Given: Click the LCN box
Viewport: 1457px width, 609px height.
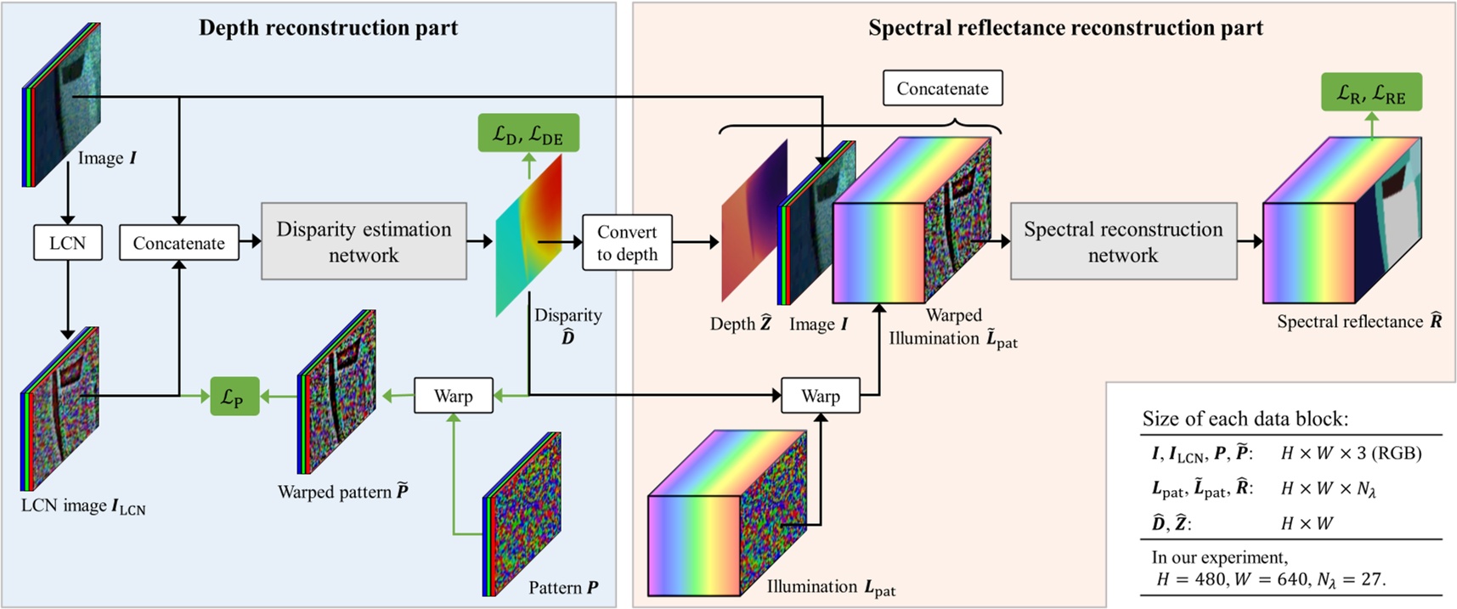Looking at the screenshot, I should tap(68, 243).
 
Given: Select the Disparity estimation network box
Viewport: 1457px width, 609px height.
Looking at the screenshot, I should tap(364, 241).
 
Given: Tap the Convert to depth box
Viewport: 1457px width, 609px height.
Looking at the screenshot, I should tap(627, 243).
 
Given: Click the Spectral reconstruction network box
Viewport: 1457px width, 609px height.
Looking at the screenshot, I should tap(1123, 241).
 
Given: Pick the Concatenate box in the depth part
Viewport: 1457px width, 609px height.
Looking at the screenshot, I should tap(178, 243).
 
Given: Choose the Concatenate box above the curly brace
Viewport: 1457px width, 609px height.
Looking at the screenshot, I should tap(942, 88).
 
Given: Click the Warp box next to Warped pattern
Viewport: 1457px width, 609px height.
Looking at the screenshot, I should tap(453, 396).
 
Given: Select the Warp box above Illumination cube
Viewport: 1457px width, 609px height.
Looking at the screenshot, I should tap(820, 396).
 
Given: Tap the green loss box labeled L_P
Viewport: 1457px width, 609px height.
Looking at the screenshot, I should tap(234, 396).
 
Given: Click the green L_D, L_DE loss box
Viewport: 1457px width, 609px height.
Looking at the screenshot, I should tap(528, 133).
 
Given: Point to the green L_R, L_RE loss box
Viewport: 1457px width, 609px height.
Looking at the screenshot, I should tap(1371, 93).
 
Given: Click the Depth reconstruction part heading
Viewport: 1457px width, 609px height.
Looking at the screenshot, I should tap(328, 28).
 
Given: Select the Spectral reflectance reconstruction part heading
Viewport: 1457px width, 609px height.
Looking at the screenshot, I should tap(1065, 28).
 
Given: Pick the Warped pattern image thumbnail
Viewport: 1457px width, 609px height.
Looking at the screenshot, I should tap(337, 392).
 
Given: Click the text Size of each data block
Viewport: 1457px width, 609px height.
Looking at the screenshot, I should tap(1245, 419).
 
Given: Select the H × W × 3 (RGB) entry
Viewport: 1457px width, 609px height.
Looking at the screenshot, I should tap(1351, 453).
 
